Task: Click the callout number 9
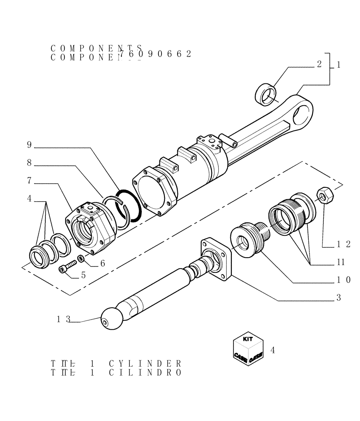tap(29, 145)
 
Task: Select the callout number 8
tap(29, 163)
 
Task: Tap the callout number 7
tap(29, 181)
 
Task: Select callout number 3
tap(338, 298)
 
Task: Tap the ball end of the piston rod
tap(111, 319)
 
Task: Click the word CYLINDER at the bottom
tap(145, 363)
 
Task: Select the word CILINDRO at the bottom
tap(145, 372)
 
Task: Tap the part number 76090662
tap(155, 54)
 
